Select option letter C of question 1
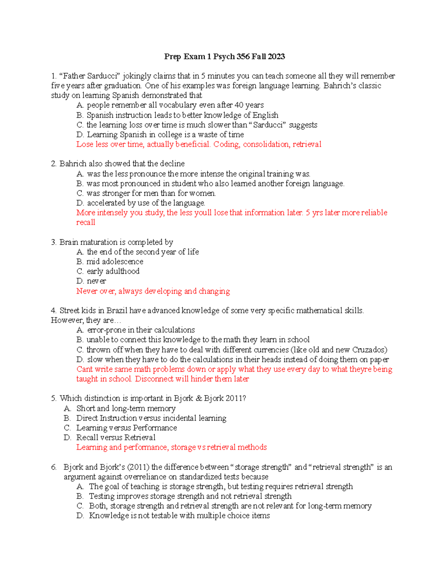coord(80,125)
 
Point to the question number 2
coord(54,164)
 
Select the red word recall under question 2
coord(86,223)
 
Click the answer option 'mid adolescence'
coord(115,262)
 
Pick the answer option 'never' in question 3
coord(96,281)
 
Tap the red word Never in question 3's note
coord(86,291)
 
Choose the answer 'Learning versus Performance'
coord(127,428)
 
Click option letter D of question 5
coord(67,438)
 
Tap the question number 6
coord(54,467)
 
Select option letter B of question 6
coord(80,496)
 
